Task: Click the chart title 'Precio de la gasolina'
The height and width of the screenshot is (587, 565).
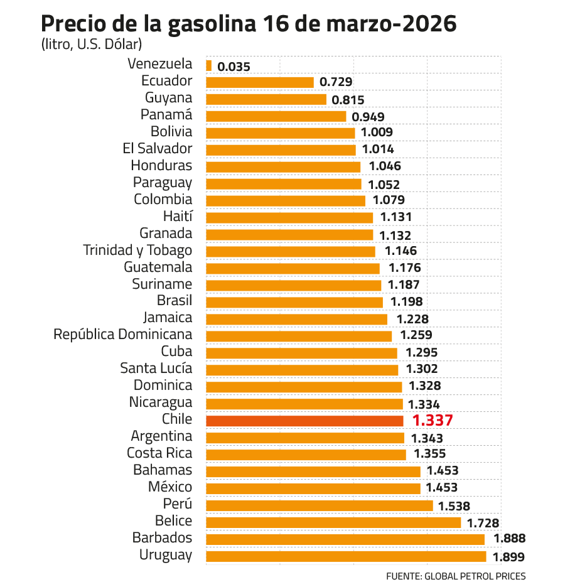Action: click(248, 24)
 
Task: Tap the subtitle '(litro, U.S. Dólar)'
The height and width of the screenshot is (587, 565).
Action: click(92, 45)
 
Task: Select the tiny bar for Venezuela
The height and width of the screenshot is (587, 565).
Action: click(208, 65)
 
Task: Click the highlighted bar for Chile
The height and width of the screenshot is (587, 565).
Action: click(304, 421)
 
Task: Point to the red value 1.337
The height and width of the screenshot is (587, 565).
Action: click(433, 421)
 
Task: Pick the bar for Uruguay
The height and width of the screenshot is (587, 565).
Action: click(346, 556)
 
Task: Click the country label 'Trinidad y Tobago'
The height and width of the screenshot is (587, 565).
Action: click(137, 250)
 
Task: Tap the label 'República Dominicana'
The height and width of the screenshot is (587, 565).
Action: click(122, 335)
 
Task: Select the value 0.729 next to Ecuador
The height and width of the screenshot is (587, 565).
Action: click(336, 82)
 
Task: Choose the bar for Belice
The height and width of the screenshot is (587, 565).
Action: click(333, 522)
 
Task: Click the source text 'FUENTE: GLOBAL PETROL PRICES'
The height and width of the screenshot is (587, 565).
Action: click(456, 576)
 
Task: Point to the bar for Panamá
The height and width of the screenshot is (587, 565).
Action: click(276, 116)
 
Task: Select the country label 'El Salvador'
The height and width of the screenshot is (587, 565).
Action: click(158, 149)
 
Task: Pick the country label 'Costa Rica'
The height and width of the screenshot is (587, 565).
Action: click(159, 453)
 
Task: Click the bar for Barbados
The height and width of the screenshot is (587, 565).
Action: click(345, 539)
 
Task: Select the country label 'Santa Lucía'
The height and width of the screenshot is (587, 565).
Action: click(156, 369)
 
